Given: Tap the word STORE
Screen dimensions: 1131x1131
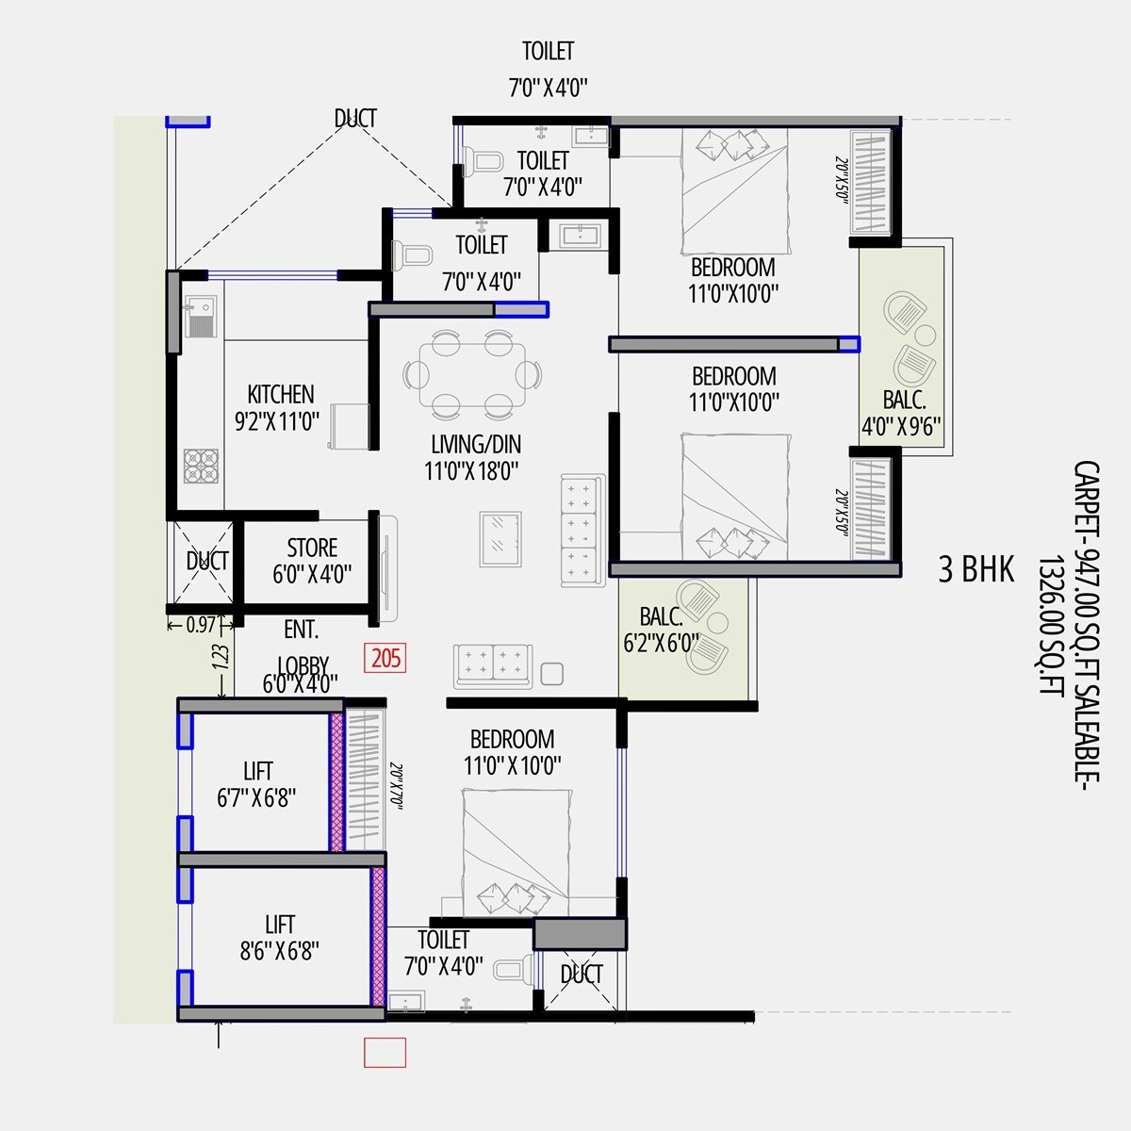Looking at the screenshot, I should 312,549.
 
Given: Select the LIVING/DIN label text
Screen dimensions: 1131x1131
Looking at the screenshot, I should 475,445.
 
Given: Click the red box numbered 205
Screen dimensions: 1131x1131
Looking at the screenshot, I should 386,657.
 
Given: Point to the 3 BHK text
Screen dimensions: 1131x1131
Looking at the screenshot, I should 975,570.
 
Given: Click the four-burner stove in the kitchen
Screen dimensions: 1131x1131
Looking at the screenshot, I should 201,465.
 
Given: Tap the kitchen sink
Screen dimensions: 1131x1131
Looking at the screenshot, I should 201,316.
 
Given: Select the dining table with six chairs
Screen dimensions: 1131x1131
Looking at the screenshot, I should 473,374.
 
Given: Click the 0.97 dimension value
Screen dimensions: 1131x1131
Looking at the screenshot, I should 201,624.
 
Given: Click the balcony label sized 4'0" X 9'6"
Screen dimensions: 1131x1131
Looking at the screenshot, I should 902,413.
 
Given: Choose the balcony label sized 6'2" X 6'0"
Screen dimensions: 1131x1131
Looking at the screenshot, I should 662,631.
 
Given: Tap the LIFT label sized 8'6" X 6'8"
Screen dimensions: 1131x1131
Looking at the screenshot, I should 279,938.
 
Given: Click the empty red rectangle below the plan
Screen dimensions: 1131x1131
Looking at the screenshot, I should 385,1052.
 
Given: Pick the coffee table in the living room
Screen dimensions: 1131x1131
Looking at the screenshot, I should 500,538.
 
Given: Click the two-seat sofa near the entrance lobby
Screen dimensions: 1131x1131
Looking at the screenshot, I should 492,664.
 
